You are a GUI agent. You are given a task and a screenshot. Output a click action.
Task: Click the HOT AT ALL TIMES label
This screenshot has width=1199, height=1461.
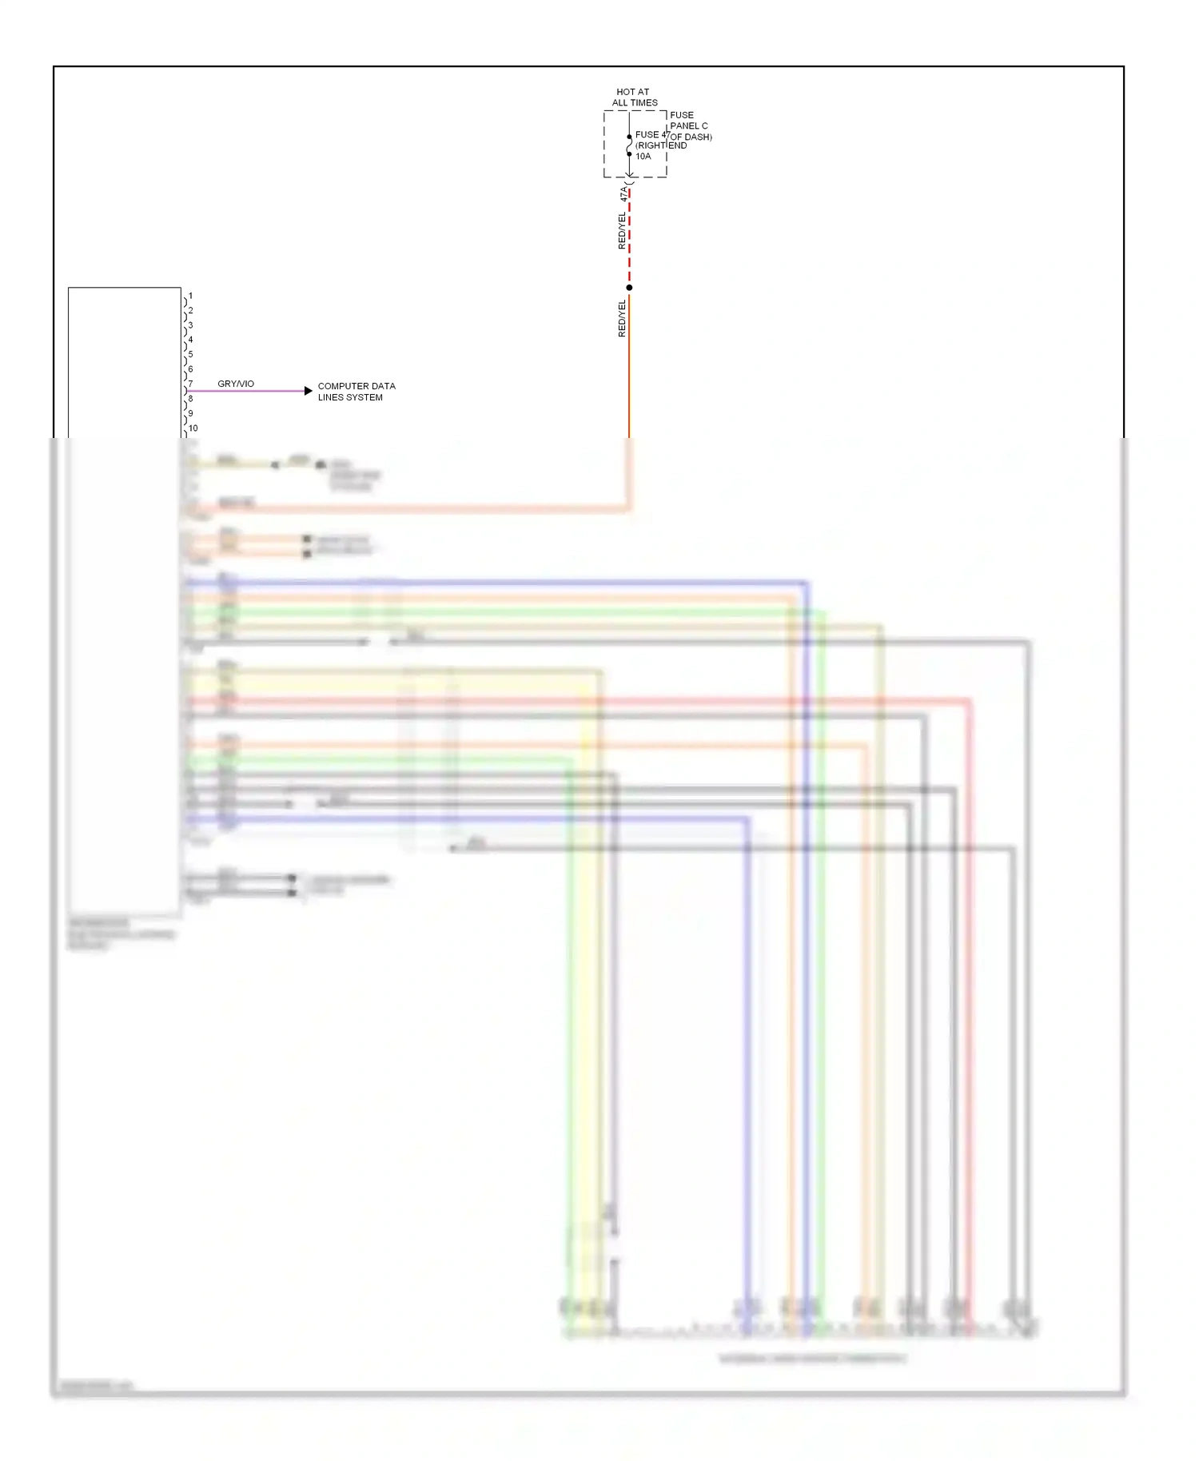click(x=634, y=98)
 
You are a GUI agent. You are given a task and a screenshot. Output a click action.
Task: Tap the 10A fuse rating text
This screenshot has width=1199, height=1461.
click(x=643, y=157)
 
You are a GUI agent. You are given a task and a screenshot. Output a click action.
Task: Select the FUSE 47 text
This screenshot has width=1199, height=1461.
click(x=651, y=134)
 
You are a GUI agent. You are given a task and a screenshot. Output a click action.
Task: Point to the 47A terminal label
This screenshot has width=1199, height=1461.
click(x=624, y=193)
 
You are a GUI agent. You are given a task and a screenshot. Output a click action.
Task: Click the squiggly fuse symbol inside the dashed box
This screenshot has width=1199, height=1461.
click(x=629, y=145)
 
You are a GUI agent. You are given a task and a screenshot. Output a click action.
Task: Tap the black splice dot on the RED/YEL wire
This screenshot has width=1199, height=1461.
click(x=629, y=288)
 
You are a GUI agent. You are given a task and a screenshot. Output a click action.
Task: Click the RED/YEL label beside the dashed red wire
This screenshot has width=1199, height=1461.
click(x=622, y=230)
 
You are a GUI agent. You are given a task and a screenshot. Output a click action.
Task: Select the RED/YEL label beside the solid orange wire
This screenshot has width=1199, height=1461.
click(x=622, y=318)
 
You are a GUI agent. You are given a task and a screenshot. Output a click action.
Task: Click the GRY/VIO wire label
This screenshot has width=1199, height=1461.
click(x=236, y=384)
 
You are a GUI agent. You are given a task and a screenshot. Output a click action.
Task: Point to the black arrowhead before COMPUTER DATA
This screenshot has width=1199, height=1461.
click(x=309, y=391)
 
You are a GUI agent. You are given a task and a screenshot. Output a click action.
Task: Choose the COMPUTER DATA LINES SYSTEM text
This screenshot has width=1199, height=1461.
click(x=356, y=392)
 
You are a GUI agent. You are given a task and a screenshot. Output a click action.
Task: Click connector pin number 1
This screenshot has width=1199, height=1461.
click(x=190, y=296)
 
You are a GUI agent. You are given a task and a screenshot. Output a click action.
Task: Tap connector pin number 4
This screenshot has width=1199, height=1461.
click(x=190, y=340)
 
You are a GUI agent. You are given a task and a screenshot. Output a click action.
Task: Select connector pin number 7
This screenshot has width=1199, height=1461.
click(x=190, y=384)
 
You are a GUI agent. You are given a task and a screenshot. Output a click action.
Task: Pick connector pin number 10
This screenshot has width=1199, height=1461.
click(x=193, y=428)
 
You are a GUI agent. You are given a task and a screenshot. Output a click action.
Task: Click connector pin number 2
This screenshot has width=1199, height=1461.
click(x=190, y=310)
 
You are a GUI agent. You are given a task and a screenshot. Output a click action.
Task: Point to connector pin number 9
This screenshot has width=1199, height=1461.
click(x=190, y=413)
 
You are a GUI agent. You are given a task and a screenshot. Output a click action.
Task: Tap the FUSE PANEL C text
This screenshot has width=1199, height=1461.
click(x=689, y=121)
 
